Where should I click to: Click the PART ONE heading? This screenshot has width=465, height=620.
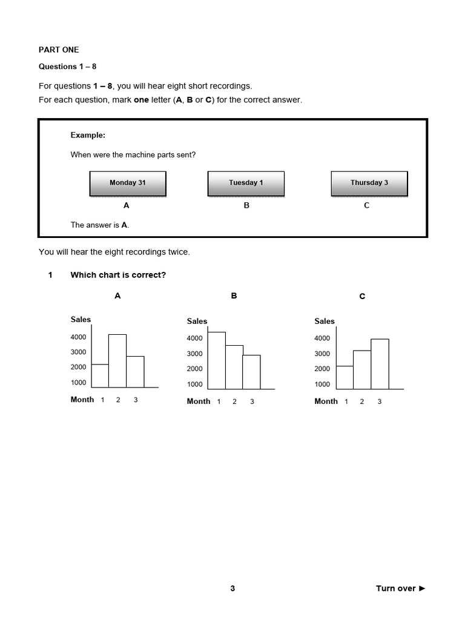59,50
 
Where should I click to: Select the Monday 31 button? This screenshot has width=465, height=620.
127,183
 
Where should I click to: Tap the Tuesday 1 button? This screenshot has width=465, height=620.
246,183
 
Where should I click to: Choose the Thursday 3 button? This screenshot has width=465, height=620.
369,183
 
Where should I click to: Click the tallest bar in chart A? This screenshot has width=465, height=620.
117,361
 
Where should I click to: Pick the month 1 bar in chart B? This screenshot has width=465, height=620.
217,360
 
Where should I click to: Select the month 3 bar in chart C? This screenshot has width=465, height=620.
380,364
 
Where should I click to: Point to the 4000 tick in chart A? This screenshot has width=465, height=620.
78,337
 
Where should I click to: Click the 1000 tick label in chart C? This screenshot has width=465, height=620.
322,384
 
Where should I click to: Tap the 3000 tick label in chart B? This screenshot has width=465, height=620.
194,354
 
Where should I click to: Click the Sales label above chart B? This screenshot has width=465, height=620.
197,322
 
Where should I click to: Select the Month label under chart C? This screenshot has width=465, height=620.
326,401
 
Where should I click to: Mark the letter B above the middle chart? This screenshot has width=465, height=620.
234,296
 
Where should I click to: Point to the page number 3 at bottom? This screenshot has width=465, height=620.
232,589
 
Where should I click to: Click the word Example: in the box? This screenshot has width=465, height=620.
88,136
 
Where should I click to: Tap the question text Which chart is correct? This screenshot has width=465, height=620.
118,275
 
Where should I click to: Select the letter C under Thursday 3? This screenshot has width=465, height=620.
366,206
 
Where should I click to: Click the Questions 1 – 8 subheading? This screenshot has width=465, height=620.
67,67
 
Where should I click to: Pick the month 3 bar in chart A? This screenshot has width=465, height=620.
135,372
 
